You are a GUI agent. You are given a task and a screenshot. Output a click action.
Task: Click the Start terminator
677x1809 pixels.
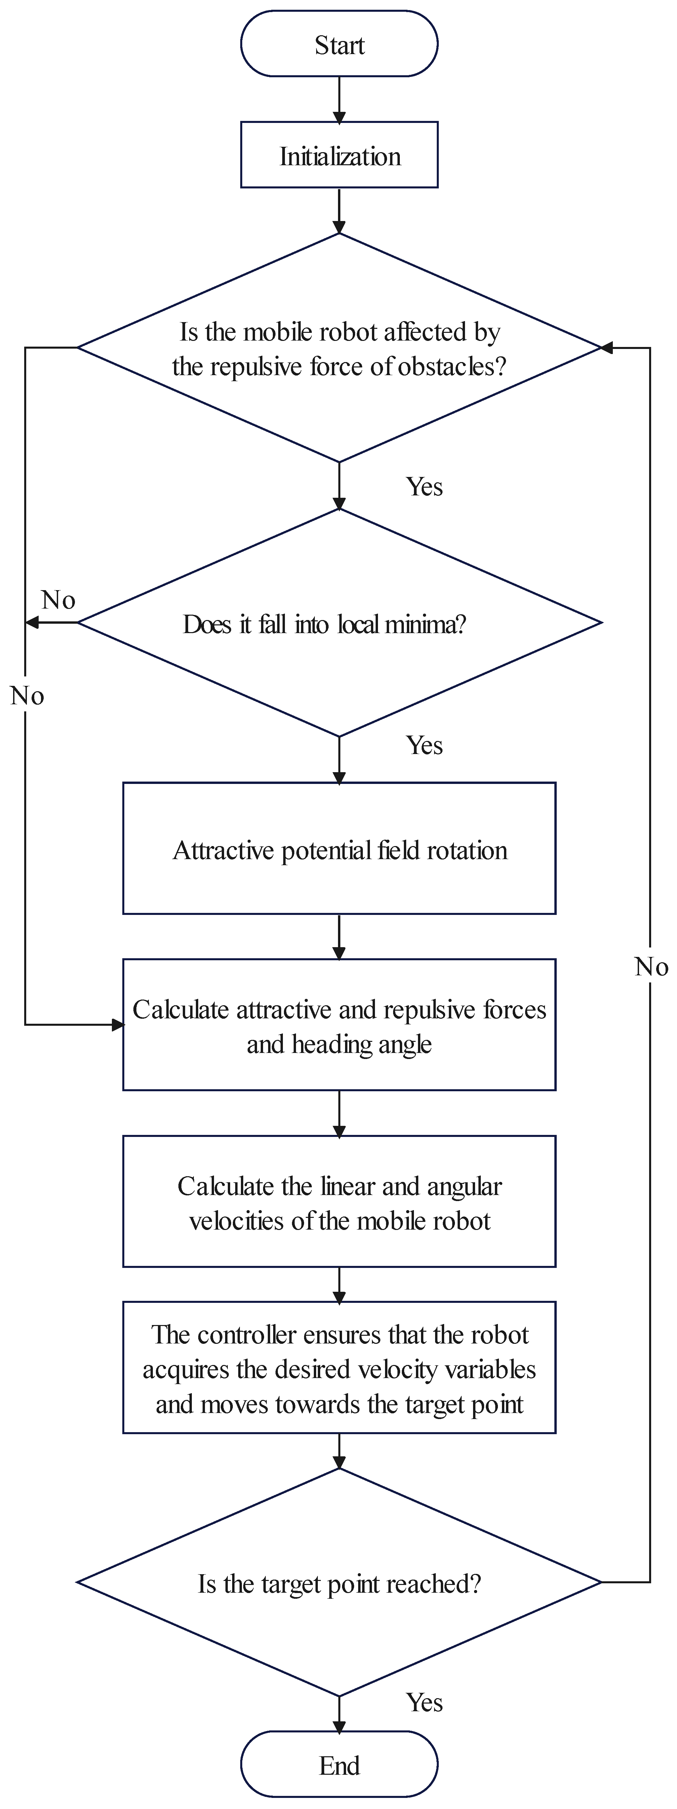point(339,44)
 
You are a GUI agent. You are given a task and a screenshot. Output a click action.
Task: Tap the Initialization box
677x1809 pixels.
point(339,155)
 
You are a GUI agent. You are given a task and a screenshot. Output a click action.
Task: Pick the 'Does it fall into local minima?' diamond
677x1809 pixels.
point(339,623)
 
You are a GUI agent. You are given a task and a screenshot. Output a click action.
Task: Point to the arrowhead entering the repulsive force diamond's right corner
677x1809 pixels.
point(607,348)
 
